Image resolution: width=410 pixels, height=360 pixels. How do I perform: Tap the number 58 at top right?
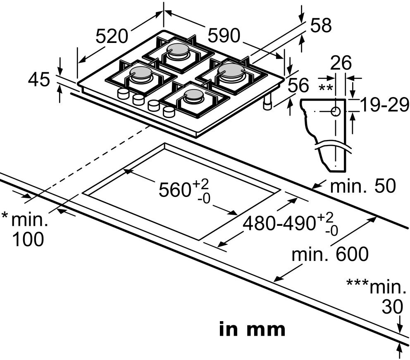[321, 25]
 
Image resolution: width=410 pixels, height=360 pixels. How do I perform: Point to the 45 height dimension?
[39, 79]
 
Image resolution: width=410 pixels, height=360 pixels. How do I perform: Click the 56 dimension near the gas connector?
[298, 85]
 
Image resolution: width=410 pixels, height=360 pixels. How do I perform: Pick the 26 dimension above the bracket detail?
[341, 63]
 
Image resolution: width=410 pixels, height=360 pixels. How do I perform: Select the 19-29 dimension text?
[384, 104]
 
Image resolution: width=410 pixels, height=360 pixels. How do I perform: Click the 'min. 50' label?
[363, 186]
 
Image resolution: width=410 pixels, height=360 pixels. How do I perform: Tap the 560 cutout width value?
[174, 189]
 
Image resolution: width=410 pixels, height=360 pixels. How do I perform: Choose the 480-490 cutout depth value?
[279, 223]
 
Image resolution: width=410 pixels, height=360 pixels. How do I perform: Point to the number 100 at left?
[28, 239]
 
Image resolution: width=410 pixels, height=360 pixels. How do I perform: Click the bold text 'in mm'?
[252, 329]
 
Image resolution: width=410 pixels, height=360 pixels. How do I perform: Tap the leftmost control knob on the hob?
[123, 93]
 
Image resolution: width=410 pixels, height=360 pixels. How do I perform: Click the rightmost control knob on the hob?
[169, 112]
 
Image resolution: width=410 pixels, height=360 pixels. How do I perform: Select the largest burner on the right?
[231, 71]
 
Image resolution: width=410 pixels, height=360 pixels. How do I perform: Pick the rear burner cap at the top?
[178, 50]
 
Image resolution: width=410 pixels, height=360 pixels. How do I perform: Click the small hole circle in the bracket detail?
[336, 111]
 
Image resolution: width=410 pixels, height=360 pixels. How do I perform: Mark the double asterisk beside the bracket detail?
[325, 88]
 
